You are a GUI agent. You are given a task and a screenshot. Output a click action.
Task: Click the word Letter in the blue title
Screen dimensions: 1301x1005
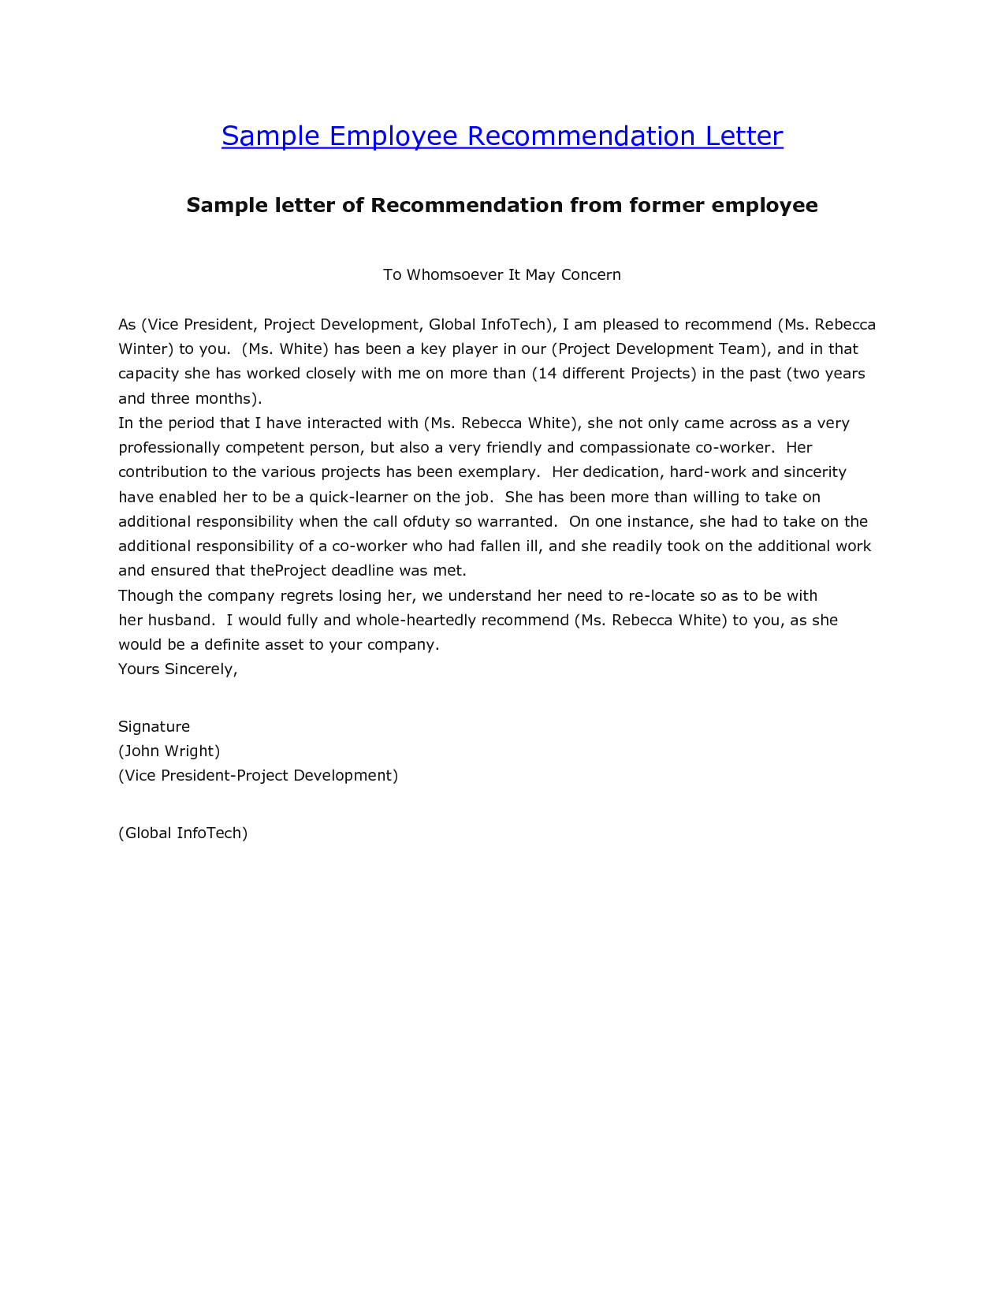pyautogui.click(x=744, y=136)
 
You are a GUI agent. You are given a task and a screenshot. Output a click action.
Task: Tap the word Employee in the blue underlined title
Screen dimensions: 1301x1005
pyautogui.click(x=393, y=136)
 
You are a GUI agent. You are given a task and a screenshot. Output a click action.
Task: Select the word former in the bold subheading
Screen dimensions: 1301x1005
pyautogui.click(x=666, y=206)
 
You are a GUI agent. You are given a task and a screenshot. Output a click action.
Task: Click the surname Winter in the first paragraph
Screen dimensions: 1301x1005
pyautogui.click(x=143, y=349)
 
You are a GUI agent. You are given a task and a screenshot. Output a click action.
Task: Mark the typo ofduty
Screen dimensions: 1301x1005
pyautogui.click(x=426, y=522)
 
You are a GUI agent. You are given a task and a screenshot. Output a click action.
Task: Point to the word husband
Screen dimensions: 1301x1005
pyautogui.click(x=181, y=621)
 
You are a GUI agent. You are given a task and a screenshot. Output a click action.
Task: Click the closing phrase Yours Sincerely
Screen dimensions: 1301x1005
pyautogui.click(x=177, y=669)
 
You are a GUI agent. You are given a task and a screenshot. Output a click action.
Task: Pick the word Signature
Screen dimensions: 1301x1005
pyautogui.click(x=154, y=727)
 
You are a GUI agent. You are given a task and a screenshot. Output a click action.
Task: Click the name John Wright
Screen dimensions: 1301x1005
pyautogui.click(x=169, y=751)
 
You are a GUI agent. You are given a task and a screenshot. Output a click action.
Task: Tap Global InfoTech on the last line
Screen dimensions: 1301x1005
pyautogui.click(x=183, y=833)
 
